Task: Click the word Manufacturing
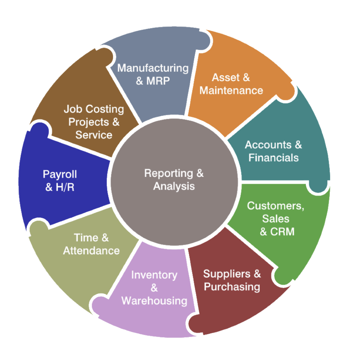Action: click(x=153, y=68)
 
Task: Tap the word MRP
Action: click(x=158, y=81)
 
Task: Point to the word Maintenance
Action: click(x=231, y=90)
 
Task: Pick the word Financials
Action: click(x=273, y=158)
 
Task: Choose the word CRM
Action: click(x=282, y=232)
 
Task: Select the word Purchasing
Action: click(x=232, y=287)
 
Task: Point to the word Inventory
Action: click(x=154, y=275)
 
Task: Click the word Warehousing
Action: click(x=154, y=301)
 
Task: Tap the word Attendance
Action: click(x=91, y=251)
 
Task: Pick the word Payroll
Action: click(x=60, y=174)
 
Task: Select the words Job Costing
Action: click(x=94, y=109)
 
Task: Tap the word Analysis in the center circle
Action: click(x=174, y=186)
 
